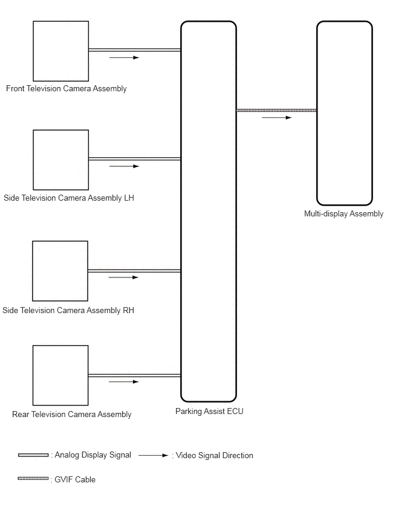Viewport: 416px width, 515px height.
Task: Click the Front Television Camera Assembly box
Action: (60, 51)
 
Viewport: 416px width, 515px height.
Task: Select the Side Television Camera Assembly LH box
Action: (60, 160)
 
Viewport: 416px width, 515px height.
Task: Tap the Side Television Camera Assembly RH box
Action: (60, 271)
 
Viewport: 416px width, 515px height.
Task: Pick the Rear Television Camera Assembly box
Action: (60, 375)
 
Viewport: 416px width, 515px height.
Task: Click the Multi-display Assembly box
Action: (344, 113)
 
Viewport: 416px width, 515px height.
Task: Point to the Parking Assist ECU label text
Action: (209, 412)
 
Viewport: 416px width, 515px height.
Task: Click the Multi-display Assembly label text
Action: (343, 213)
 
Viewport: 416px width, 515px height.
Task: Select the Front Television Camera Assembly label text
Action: (67, 89)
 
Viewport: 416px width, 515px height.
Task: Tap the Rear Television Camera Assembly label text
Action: (71, 415)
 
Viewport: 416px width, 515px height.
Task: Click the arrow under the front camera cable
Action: (125, 58)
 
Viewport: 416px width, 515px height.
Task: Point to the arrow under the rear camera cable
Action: (124, 382)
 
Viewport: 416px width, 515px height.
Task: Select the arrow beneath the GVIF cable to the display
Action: (276, 118)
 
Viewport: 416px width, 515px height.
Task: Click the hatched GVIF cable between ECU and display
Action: (276, 110)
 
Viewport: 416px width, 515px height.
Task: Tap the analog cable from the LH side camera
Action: (134, 159)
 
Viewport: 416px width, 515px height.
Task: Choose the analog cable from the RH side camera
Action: (134, 271)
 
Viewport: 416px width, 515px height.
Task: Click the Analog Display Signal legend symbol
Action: (33, 455)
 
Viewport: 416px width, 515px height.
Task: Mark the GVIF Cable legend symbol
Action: (33, 479)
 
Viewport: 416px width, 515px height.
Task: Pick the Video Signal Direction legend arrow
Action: (154, 456)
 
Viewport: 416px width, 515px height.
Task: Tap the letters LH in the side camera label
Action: (129, 198)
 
